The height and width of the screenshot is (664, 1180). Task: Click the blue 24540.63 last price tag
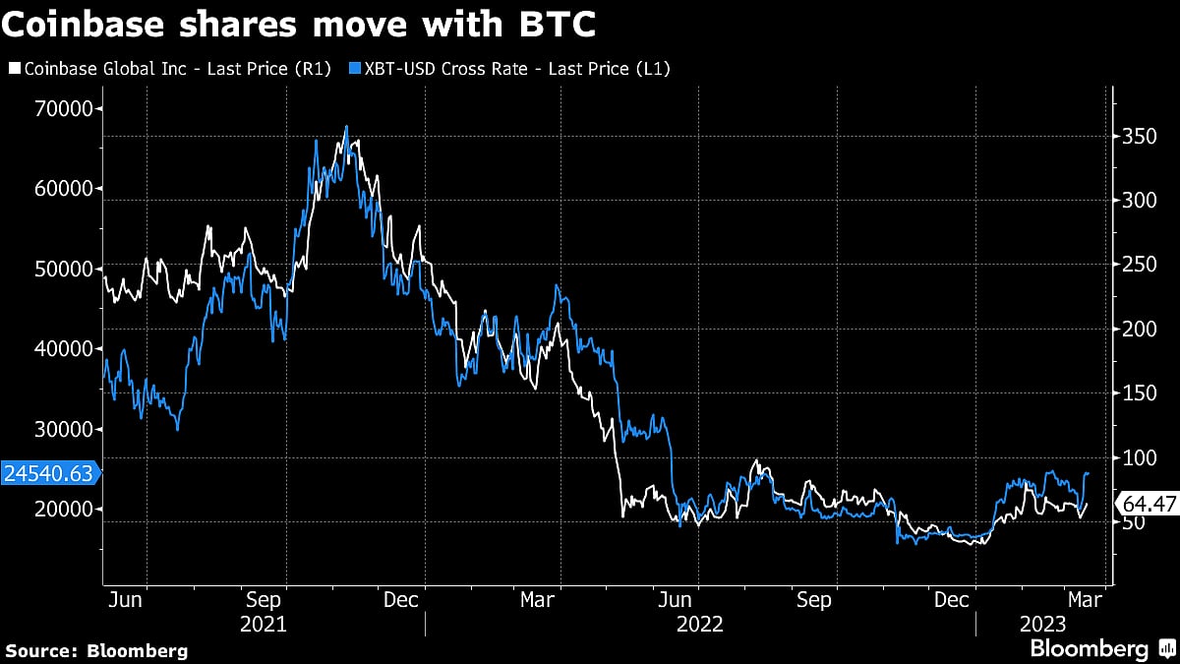[49, 473]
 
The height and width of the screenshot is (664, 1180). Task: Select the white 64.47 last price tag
[1146, 504]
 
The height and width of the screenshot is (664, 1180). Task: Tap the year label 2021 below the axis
[263, 624]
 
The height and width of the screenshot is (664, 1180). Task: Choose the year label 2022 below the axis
[699, 624]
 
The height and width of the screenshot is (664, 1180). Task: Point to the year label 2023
[1040, 624]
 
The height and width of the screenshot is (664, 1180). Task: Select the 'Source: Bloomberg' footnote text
[96, 650]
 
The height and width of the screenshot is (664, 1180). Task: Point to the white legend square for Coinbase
[15, 68]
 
